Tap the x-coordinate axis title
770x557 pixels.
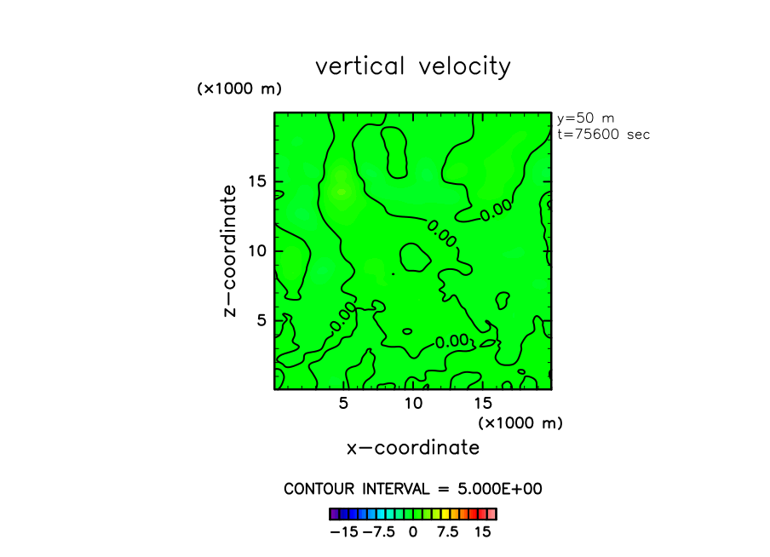[x=412, y=448]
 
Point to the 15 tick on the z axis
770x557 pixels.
[x=259, y=181]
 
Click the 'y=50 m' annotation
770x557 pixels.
[x=585, y=118]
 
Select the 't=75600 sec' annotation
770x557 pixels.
[x=603, y=135]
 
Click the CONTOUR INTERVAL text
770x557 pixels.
[x=412, y=489]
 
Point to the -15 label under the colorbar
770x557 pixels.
[x=344, y=532]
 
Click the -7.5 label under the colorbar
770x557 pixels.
[x=378, y=532]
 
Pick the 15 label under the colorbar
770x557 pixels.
[x=483, y=532]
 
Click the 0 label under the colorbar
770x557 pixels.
[x=413, y=532]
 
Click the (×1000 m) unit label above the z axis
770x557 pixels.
[x=239, y=89]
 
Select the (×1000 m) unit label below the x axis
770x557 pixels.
[x=520, y=422]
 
